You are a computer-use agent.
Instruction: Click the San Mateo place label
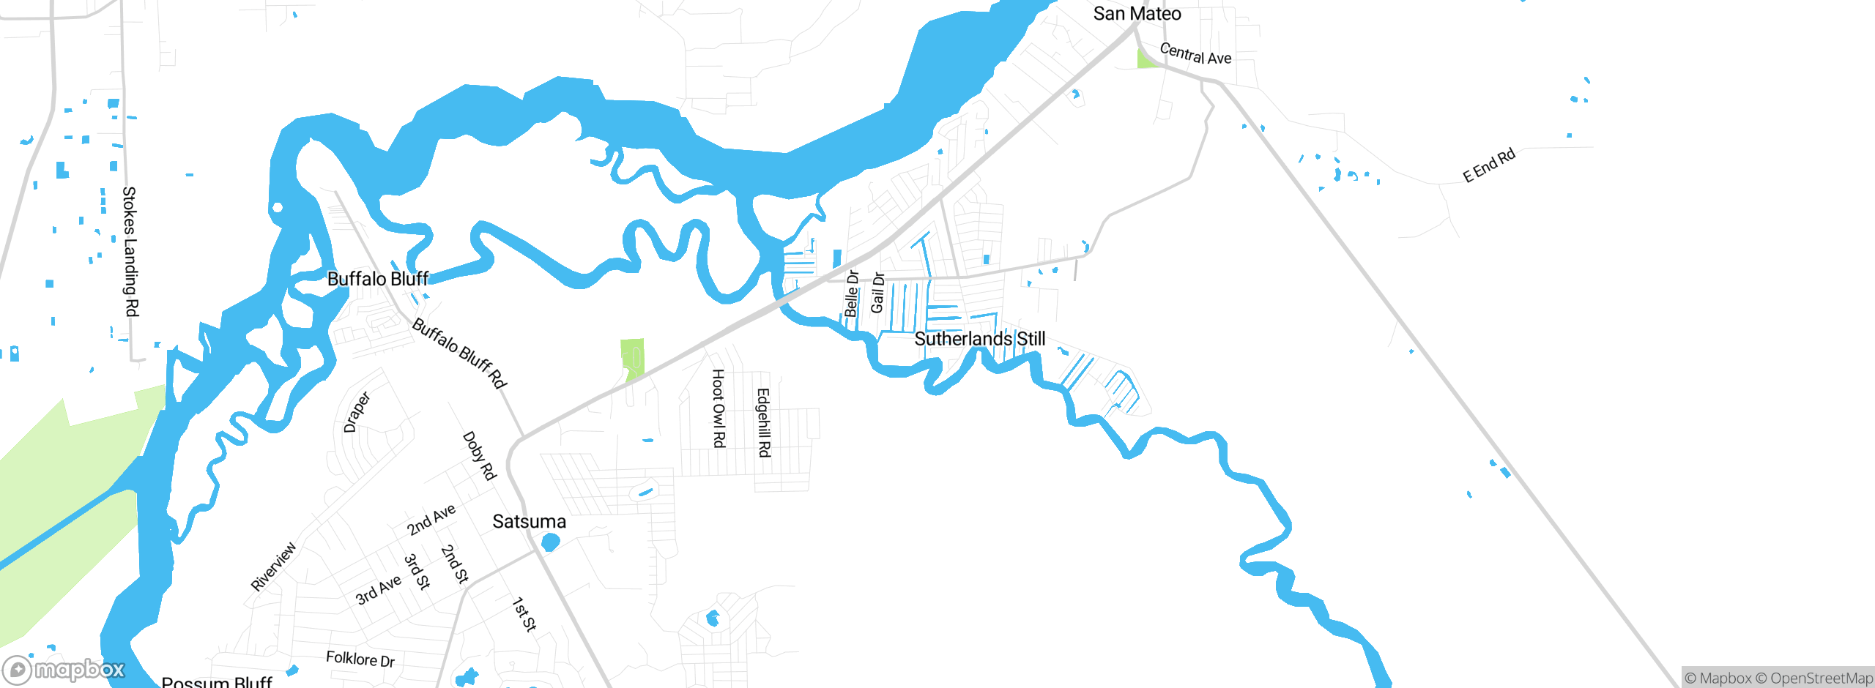pos(1137,14)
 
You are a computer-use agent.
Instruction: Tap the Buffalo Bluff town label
pos(377,279)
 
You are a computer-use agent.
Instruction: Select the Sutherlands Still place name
pos(979,339)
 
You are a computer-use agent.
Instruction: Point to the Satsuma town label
pos(529,522)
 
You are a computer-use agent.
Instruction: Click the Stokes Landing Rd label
pos(130,251)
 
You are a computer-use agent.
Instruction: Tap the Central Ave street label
pos(1195,54)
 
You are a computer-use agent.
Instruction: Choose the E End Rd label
pos(1488,166)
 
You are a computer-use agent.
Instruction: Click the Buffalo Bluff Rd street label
pos(459,353)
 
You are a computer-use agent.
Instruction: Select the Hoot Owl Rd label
pos(719,408)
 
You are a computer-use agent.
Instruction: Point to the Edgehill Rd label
pos(763,422)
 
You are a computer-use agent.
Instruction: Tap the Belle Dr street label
pos(851,293)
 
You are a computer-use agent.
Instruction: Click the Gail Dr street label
pos(877,292)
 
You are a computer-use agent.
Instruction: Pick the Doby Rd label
pos(479,455)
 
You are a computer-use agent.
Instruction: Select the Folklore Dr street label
pos(360,659)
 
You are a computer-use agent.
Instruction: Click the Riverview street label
pos(273,566)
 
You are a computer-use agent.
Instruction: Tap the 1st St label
pos(524,614)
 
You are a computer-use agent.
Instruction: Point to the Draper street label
pos(357,412)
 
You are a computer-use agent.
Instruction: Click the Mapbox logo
pos(64,670)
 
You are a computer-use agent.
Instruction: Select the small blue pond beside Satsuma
pos(550,542)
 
